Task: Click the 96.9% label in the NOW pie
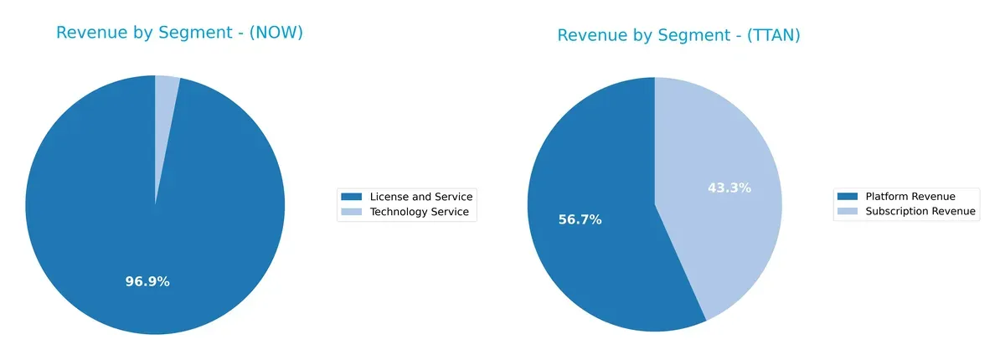147,281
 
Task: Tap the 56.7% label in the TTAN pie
580,219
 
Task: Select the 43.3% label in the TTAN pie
729,188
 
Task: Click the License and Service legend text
421,197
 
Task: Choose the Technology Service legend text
419,213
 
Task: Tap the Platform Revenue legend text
910,195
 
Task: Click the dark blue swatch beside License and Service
351,197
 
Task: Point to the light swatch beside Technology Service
351,213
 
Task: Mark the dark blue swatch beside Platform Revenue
848,195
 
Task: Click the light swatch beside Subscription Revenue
848,211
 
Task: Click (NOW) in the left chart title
276,33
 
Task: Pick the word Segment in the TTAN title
676,35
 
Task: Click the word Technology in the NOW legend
400,213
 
